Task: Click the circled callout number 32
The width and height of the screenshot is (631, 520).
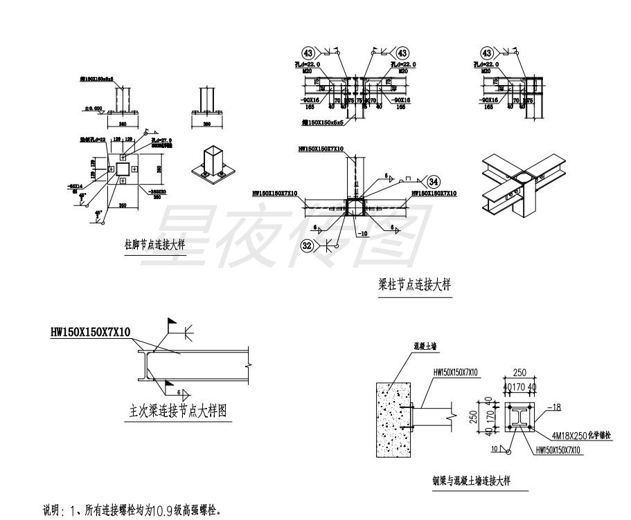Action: (x=309, y=244)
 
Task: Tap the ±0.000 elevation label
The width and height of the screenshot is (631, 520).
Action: (x=92, y=109)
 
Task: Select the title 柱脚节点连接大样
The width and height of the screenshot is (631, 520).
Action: (x=154, y=244)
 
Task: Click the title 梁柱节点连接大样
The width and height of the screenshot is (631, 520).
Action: (x=411, y=285)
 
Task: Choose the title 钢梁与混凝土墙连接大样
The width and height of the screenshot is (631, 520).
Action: (x=474, y=482)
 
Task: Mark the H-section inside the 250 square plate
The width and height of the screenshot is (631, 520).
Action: (x=520, y=417)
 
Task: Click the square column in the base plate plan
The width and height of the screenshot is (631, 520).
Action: (x=122, y=169)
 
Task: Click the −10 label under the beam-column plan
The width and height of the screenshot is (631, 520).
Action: (x=362, y=234)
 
